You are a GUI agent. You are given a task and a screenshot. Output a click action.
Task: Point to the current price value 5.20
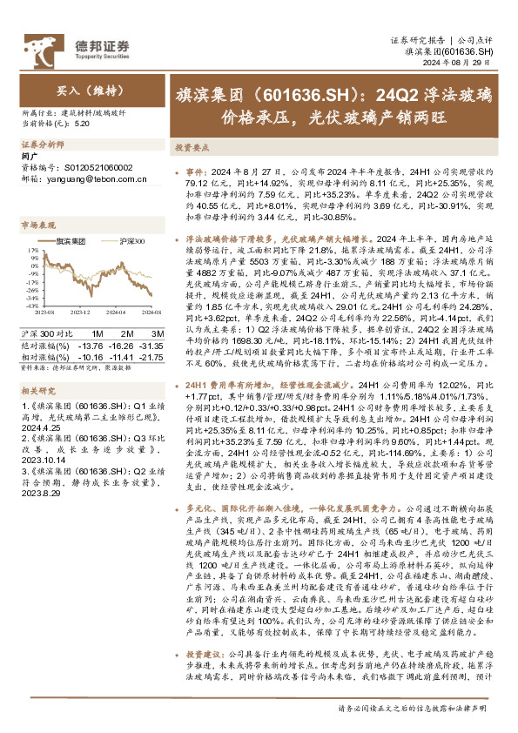coord(83,124)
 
